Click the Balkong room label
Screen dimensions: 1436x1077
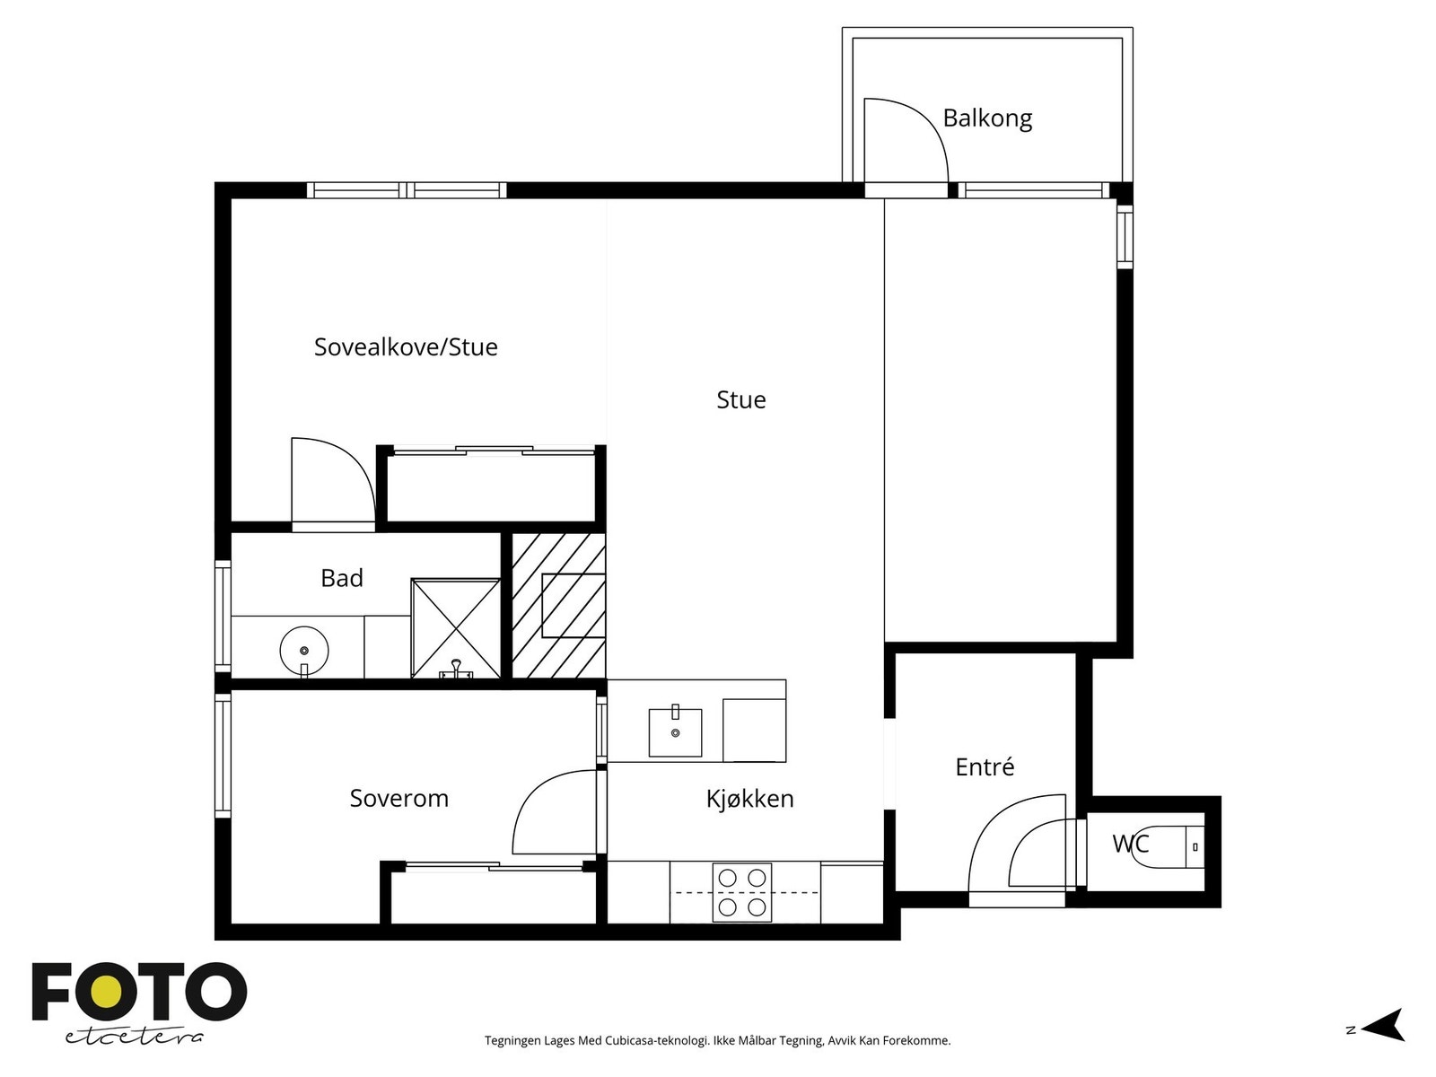tap(987, 119)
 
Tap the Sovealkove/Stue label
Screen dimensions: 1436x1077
tap(406, 346)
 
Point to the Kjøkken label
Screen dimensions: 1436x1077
tap(749, 799)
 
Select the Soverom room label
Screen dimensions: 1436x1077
tap(399, 798)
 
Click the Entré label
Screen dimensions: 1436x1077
tap(985, 766)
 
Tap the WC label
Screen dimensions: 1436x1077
tap(1131, 844)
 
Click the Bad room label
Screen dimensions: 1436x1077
tap(342, 578)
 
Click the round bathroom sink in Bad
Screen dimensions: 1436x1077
tap(304, 651)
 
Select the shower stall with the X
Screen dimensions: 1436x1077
tap(455, 628)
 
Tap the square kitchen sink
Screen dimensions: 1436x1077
tap(675, 731)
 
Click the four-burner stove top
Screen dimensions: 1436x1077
tap(742, 893)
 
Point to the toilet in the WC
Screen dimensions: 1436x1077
tap(1167, 847)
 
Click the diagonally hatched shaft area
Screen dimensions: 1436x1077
tap(558, 606)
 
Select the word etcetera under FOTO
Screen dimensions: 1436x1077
tap(134, 1038)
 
